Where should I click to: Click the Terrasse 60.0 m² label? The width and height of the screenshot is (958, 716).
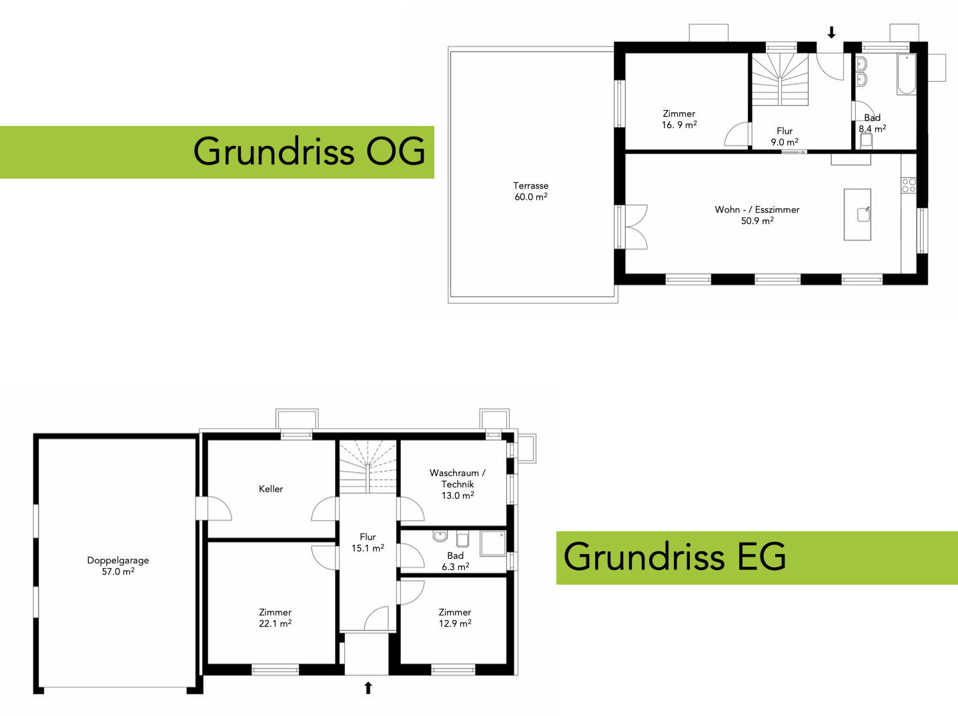coord(531,191)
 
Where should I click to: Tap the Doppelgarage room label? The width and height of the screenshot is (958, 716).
coord(118,565)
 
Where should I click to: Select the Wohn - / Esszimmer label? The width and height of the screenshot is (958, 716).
coord(757,215)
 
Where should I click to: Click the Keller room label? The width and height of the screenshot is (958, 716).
coord(271,489)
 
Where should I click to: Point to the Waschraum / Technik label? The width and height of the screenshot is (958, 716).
coord(458,484)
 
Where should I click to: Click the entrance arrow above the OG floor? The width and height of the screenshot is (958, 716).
coord(831,32)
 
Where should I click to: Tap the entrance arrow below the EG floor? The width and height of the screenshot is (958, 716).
coord(368,688)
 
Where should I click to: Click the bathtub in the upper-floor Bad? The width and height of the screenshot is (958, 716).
coord(907,74)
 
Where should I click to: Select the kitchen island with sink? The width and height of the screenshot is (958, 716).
coord(857,215)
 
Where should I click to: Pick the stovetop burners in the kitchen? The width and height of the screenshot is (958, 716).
coord(909,185)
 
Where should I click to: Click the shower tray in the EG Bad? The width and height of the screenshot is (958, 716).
coord(493,543)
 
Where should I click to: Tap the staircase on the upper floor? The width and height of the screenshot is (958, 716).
coord(779,79)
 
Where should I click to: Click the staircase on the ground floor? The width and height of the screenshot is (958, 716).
coord(368,467)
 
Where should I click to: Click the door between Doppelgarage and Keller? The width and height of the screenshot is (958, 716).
coord(213,509)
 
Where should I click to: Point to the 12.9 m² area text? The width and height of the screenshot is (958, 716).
coord(455,623)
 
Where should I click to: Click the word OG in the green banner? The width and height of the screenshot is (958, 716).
coord(395,151)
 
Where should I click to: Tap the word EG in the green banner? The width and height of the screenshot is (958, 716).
coord(761,557)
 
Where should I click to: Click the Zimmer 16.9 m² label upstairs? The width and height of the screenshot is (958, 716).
coord(678,119)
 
